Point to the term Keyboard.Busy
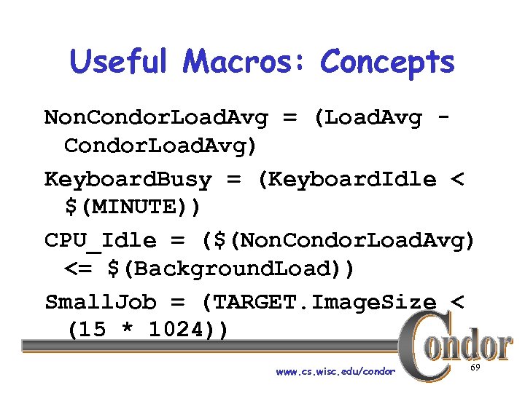pyautogui.click(x=128, y=179)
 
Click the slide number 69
pyautogui.click(x=475, y=369)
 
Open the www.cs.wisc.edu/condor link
pyautogui.click(x=335, y=371)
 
